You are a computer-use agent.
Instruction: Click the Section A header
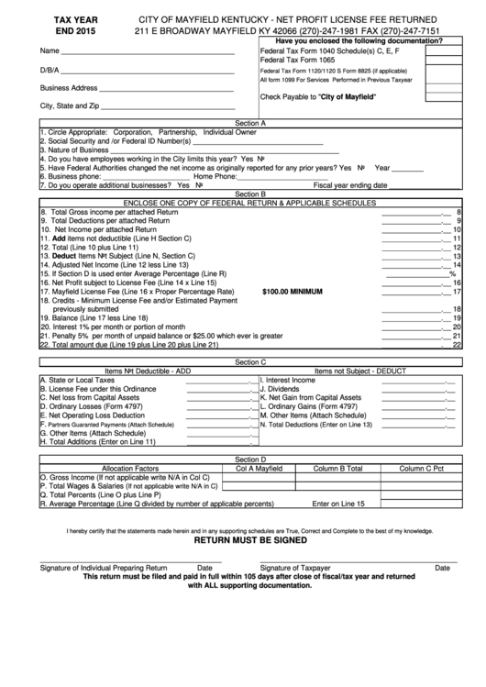coord(250,122)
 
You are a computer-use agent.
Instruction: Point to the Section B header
coord(250,194)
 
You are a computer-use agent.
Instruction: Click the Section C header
coord(250,362)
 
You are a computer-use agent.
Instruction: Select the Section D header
coord(250,459)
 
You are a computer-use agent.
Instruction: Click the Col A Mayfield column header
coord(259,468)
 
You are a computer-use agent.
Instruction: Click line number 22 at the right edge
coord(456,346)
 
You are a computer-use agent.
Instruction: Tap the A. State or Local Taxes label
coord(77,380)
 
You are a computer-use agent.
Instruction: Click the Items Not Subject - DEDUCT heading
coord(360,371)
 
